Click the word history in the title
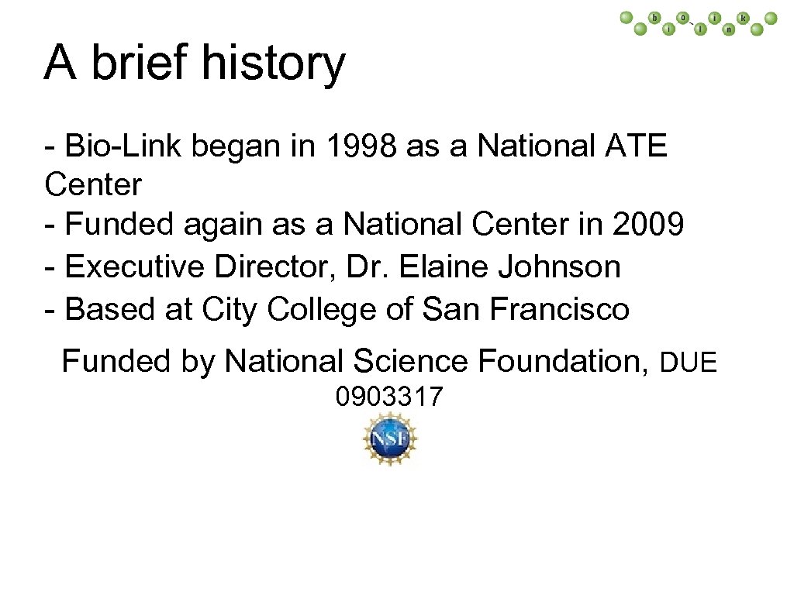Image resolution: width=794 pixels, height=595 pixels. (272, 64)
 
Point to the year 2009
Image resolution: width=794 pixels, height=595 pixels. (648, 225)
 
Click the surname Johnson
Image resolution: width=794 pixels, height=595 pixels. (559, 267)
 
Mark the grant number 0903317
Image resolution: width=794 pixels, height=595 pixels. (388, 397)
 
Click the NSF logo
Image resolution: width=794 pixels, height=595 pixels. (389, 439)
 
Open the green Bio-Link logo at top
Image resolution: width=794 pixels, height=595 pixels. (699, 24)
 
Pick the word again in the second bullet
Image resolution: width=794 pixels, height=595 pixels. (225, 226)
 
